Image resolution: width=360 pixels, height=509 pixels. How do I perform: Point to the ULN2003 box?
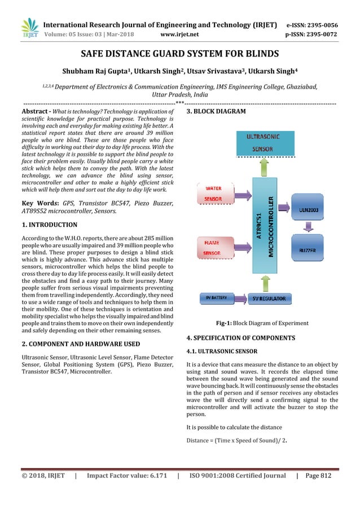(308, 208)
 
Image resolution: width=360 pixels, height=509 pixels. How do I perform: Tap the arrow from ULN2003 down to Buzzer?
(308, 228)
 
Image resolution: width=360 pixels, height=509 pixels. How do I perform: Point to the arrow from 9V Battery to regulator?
(241, 297)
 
